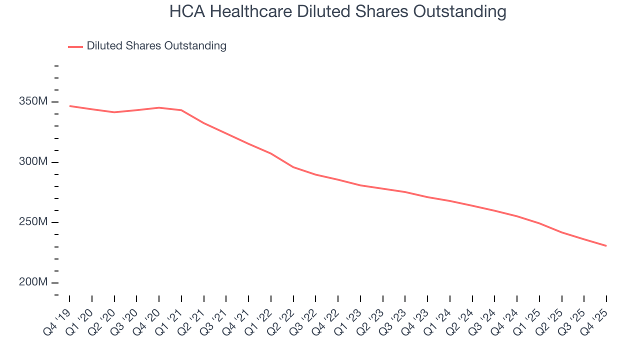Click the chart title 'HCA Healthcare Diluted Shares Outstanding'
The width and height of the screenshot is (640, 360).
click(x=337, y=11)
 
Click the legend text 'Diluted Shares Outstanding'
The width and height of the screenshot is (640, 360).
click(x=156, y=46)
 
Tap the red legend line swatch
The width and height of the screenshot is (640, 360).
click(x=75, y=46)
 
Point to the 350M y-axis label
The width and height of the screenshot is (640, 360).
click(x=33, y=101)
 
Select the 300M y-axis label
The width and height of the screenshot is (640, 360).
click(x=33, y=162)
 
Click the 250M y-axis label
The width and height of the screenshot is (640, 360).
click(x=33, y=222)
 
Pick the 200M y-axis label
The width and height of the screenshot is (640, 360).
click(x=33, y=282)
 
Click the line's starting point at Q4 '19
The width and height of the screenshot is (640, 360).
click(x=69, y=106)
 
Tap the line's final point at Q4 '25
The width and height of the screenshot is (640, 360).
click(x=606, y=246)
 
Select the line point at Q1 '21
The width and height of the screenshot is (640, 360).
click(x=181, y=110)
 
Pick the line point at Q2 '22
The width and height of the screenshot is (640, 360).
click(x=293, y=167)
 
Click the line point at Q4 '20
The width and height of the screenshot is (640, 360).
click(x=159, y=107)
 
